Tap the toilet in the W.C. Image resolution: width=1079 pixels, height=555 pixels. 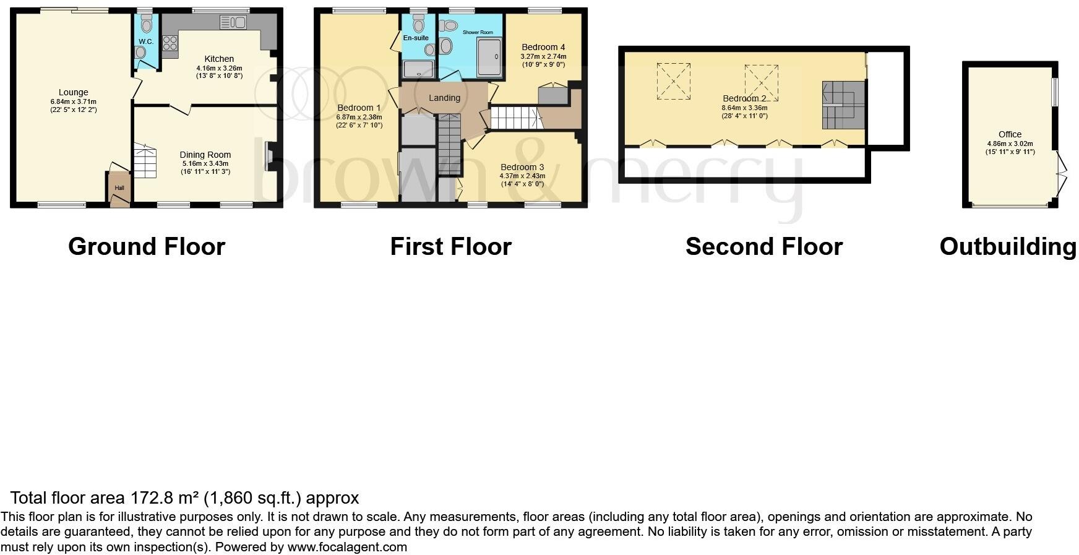point(147,25)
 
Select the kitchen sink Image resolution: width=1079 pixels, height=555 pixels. point(233,23)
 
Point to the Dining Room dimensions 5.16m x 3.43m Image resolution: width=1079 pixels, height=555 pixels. point(205,163)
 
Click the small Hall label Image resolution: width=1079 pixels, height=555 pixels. point(119,188)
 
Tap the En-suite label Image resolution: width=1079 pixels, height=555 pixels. point(416,38)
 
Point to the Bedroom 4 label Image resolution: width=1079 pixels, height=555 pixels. point(543,47)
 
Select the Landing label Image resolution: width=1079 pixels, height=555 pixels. point(444,98)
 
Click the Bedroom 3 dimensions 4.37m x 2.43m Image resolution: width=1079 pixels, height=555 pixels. point(522,176)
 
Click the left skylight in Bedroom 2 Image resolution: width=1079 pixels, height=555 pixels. point(673,81)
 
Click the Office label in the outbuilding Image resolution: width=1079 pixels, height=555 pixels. point(1010,134)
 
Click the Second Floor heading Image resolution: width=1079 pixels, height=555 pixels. point(763,246)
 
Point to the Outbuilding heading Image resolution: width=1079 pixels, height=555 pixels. point(1008,246)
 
